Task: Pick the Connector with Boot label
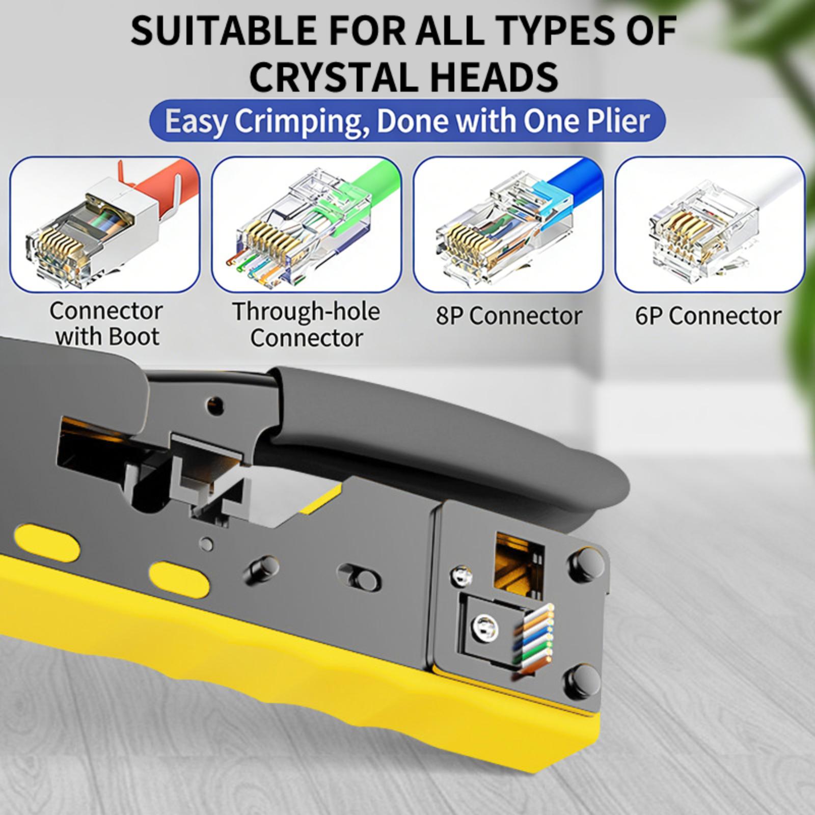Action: point(106,323)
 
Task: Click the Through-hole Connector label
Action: point(306,324)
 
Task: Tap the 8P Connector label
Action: point(508,316)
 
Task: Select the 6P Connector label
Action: point(708,316)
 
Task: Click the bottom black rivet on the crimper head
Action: point(584,680)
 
